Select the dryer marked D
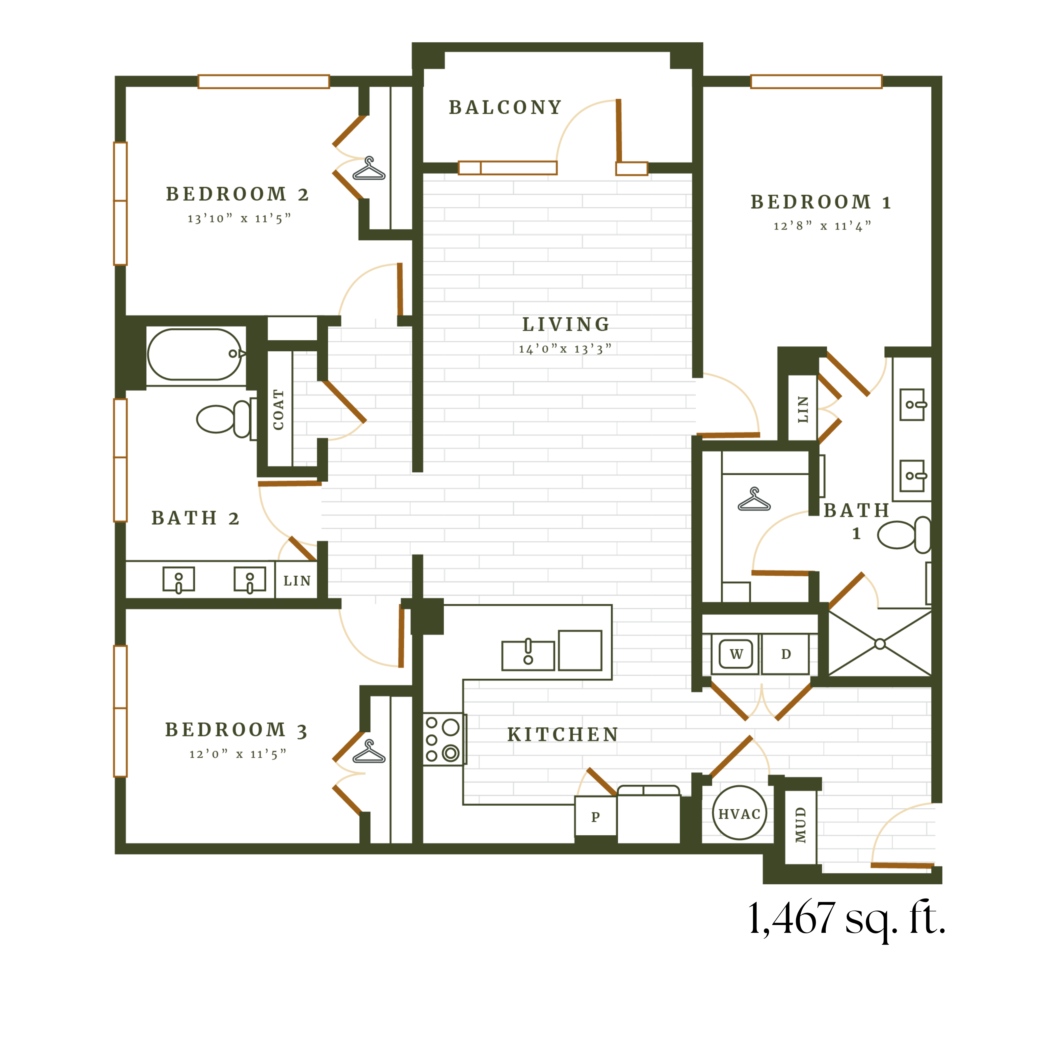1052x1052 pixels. [x=786, y=654]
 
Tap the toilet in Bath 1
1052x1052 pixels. [x=904, y=535]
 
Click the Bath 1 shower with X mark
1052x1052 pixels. [x=879, y=644]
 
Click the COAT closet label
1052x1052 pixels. [x=278, y=409]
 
